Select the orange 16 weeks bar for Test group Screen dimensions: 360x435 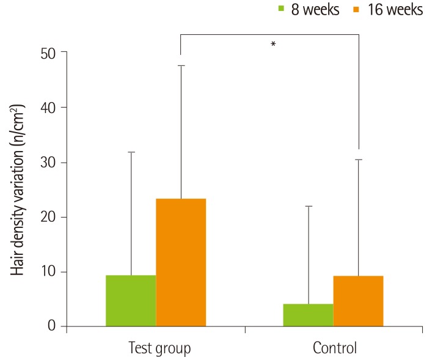tap(181, 262)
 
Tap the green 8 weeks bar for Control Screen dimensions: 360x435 tap(309, 315)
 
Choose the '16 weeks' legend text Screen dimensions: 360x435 tap(395, 10)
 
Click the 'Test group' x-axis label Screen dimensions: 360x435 tap(160, 348)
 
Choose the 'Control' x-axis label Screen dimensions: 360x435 tap(335, 348)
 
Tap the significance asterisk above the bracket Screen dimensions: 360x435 tap(273, 45)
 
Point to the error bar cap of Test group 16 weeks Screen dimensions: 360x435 tap(181, 65)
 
